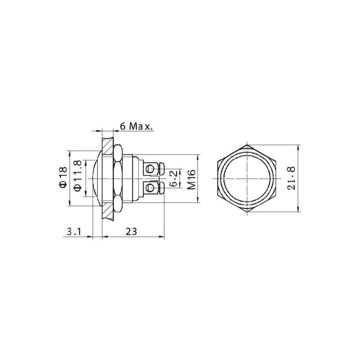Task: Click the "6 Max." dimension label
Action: coord(136,126)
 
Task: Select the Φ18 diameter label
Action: coord(63,177)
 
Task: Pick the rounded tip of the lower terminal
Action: coord(162,188)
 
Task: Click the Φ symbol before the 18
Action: coord(63,184)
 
